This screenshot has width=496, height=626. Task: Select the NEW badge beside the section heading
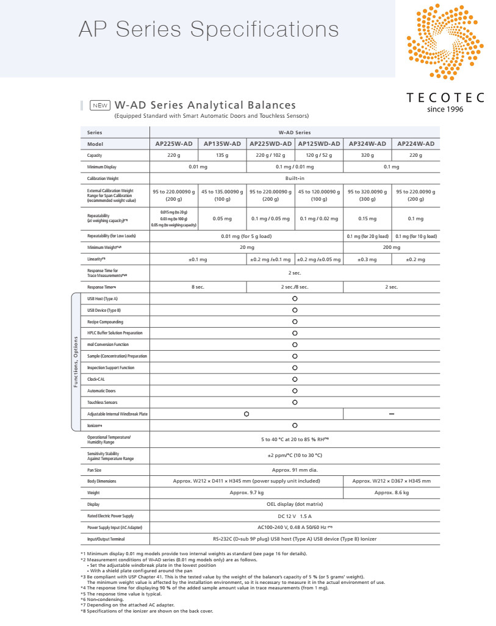click(100, 105)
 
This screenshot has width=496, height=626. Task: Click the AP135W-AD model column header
click(222, 143)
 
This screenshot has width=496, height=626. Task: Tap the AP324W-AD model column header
click(367, 143)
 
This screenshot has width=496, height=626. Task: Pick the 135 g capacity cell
click(222, 156)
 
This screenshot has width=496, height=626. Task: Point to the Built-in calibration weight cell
click(295, 178)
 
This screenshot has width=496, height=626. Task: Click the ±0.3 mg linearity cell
click(367, 259)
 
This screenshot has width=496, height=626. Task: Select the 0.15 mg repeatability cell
click(367, 218)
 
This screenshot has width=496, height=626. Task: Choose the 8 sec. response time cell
click(198, 286)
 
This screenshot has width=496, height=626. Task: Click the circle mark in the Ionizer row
click(295, 425)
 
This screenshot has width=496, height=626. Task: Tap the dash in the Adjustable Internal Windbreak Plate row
click(392, 414)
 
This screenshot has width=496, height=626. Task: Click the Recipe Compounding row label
click(105, 322)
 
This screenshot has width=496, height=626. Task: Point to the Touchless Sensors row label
click(102, 402)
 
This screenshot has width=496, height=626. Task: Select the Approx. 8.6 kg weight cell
click(392, 492)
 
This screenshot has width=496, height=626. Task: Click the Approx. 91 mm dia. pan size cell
click(295, 470)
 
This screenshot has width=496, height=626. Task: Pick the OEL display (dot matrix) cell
click(295, 504)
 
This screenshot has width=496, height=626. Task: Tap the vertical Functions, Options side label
click(76, 362)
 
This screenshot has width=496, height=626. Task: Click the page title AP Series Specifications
click(208, 29)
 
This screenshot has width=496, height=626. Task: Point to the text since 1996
click(445, 109)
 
